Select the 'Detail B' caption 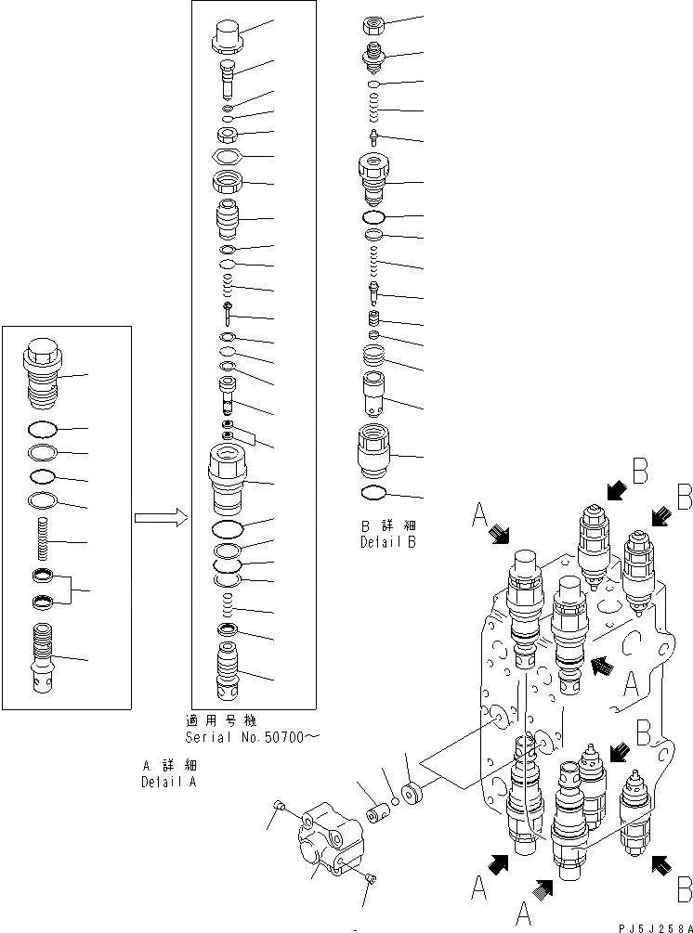pos(387,543)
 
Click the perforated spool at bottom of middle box pos(229,677)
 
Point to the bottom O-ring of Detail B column pos(372,492)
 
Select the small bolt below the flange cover pos(372,878)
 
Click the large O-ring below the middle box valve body pos(229,530)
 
